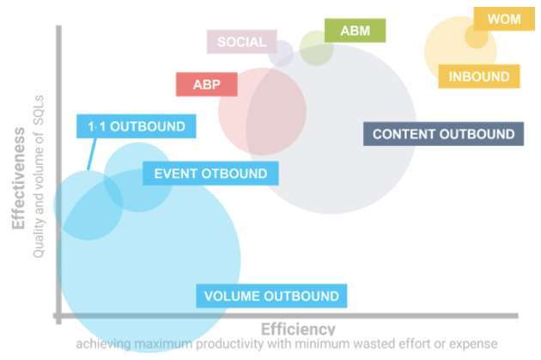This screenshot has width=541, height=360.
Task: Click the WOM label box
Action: (x=503, y=19)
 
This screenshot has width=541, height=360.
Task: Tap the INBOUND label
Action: (x=479, y=76)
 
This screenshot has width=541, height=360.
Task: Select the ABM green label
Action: (x=356, y=31)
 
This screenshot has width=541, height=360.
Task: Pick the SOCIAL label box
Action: (x=241, y=41)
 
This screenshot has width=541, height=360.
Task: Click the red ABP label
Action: (x=206, y=84)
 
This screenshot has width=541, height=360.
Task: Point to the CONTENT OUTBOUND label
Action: (x=443, y=134)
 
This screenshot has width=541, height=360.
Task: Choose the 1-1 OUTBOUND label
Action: (x=136, y=126)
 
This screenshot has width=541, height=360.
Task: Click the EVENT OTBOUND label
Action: (x=210, y=174)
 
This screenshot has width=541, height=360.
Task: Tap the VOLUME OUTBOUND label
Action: (x=271, y=296)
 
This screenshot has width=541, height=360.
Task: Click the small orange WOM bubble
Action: (x=476, y=37)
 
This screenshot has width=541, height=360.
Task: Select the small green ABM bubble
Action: (x=316, y=49)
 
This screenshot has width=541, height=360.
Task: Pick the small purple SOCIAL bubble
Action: (x=280, y=53)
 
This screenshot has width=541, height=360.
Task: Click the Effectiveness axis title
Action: (x=20, y=180)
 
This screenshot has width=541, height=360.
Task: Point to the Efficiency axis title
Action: (x=297, y=329)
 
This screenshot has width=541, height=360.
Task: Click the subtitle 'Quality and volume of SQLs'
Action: (x=39, y=186)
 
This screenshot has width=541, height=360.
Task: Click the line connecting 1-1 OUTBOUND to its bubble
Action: (x=89, y=155)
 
